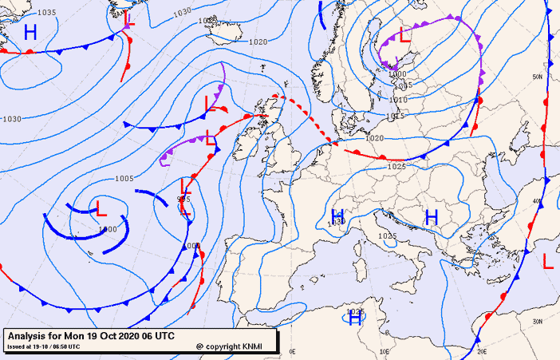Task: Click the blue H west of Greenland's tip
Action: pyautogui.click(x=30, y=33)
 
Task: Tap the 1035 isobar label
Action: pyautogui.click(x=47, y=13)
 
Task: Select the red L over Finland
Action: pyautogui.click(x=404, y=35)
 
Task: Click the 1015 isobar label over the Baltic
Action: pyautogui.click(x=396, y=117)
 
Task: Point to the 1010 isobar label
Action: pyautogui.click(x=398, y=100)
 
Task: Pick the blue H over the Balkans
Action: pyautogui.click(x=432, y=216)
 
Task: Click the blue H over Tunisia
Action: pyautogui.click(x=356, y=318)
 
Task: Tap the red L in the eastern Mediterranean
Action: pyautogui.click(x=548, y=261)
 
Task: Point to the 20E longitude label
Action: pyautogui.click(x=480, y=350)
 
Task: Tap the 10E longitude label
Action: pyautogui.click(x=385, y=350)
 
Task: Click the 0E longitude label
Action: pyautogui.click(x=292, y=350)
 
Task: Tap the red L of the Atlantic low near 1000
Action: pyautogui.click(x=101, y=210)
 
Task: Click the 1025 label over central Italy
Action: pyautogui.click(x=387, y=236)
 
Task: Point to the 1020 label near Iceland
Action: pyautogui.click(x=258, y=42)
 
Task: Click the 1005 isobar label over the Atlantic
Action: pyautogui.click(x=124, y=178)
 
